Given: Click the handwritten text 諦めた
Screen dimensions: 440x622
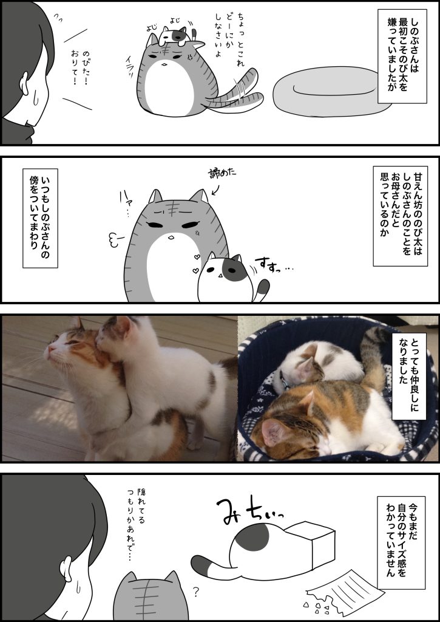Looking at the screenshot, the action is point(222,174).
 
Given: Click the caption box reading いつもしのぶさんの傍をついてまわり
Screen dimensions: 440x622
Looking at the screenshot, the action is point(40,218).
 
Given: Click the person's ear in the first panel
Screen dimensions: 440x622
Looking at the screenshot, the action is point(24,83).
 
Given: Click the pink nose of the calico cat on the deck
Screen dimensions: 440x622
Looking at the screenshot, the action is point(47,349).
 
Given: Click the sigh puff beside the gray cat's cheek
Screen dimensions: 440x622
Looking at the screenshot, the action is point(115,240).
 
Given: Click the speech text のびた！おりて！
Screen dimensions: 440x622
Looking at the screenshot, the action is point(80,67).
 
